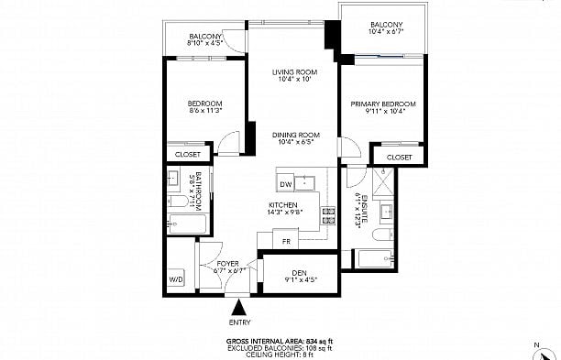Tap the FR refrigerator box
(287, 242)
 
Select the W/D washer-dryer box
(176, 279)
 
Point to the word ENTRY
(239, 322)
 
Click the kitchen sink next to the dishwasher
(309, 180)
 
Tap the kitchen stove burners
(327, 216)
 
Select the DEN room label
(299, 271)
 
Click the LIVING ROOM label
(294, 72)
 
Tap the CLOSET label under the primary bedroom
(399, 158)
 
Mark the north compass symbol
(548, 349)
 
